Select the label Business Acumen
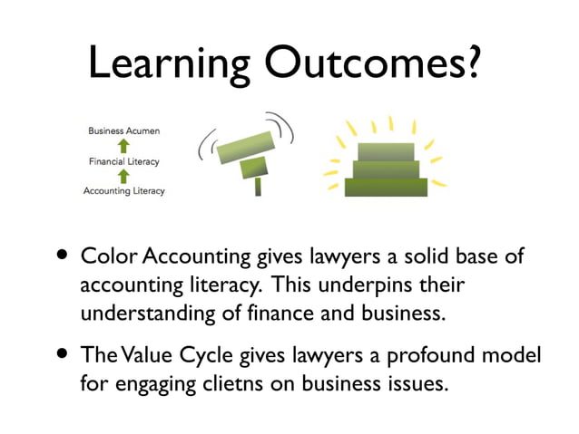point(124,131)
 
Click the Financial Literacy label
point(124,161)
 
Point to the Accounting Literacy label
point(124,191)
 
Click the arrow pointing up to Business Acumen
point(124,146)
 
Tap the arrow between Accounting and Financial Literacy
point(124,176)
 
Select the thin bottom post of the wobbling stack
point(259,186)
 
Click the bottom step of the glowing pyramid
point(386,187)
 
